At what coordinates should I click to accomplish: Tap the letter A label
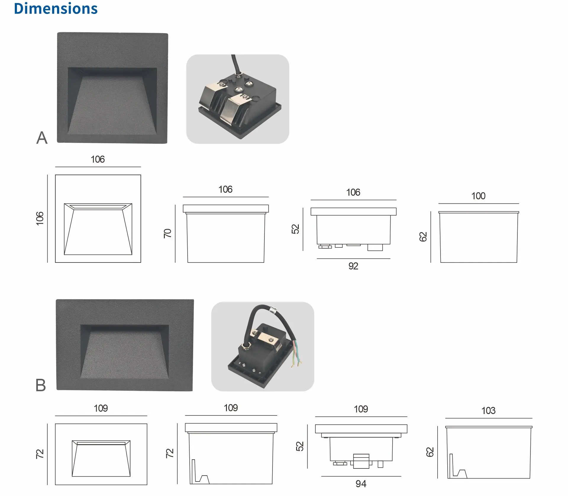point(42,138)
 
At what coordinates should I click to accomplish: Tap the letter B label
point(41,385)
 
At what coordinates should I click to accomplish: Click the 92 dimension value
point(353,266)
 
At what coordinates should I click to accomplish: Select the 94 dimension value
point(361,484)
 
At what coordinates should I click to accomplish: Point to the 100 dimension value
point(478,196)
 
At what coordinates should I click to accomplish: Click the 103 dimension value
point(488,411)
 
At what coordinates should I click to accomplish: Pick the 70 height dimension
point(167,233)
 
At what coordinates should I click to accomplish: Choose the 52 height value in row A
point(295,229)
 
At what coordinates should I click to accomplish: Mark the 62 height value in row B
point(430,452)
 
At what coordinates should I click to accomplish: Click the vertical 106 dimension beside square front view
point(40,218)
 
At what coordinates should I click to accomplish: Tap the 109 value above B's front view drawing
point(101,408)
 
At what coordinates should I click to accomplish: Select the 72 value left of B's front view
point(40,454)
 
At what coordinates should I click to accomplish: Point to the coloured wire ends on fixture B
point(297,354)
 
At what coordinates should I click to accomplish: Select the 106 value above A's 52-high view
point(353,192)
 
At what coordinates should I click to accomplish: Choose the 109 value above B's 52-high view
point(361,409)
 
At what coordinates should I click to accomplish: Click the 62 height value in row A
point(423,237)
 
